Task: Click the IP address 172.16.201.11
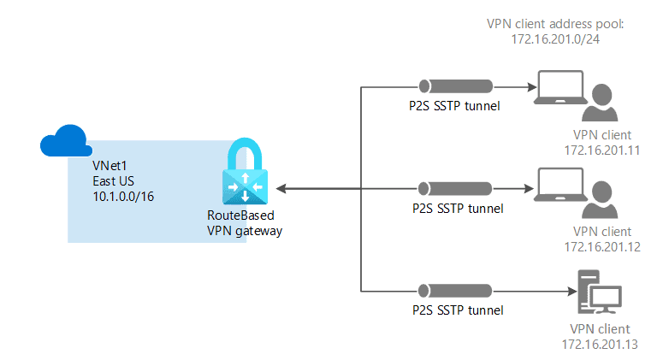pyautogui.click(x=601, y=150)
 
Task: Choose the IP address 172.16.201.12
pyautogui.click(x=601, y=247)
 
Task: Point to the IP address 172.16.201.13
pyautogui.click(x=601, y=344)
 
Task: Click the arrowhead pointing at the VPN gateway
pyautogui.click(x=281, y=188)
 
